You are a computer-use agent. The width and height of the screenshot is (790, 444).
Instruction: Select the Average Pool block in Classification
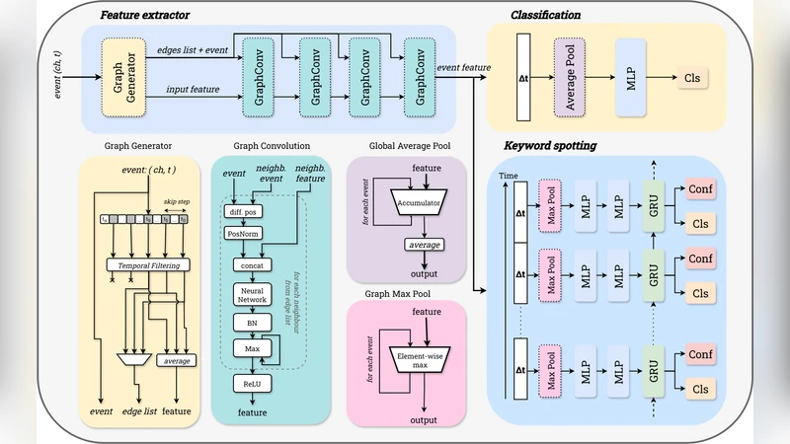click(571, 75)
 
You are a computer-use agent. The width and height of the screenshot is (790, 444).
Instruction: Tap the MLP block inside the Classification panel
click(630, 75)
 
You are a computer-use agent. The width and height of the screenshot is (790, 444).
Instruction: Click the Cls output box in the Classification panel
click(692, 76)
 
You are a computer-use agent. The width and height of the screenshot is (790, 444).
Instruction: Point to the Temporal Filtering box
click(147, 264)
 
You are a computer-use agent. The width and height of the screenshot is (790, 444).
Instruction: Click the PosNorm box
click(243, 235)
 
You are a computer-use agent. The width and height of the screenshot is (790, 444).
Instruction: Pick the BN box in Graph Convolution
click(251, 323)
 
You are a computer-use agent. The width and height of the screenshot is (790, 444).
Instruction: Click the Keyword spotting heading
click(550, 146)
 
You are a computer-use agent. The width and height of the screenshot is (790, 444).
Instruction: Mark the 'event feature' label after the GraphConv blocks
click(463, 67)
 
